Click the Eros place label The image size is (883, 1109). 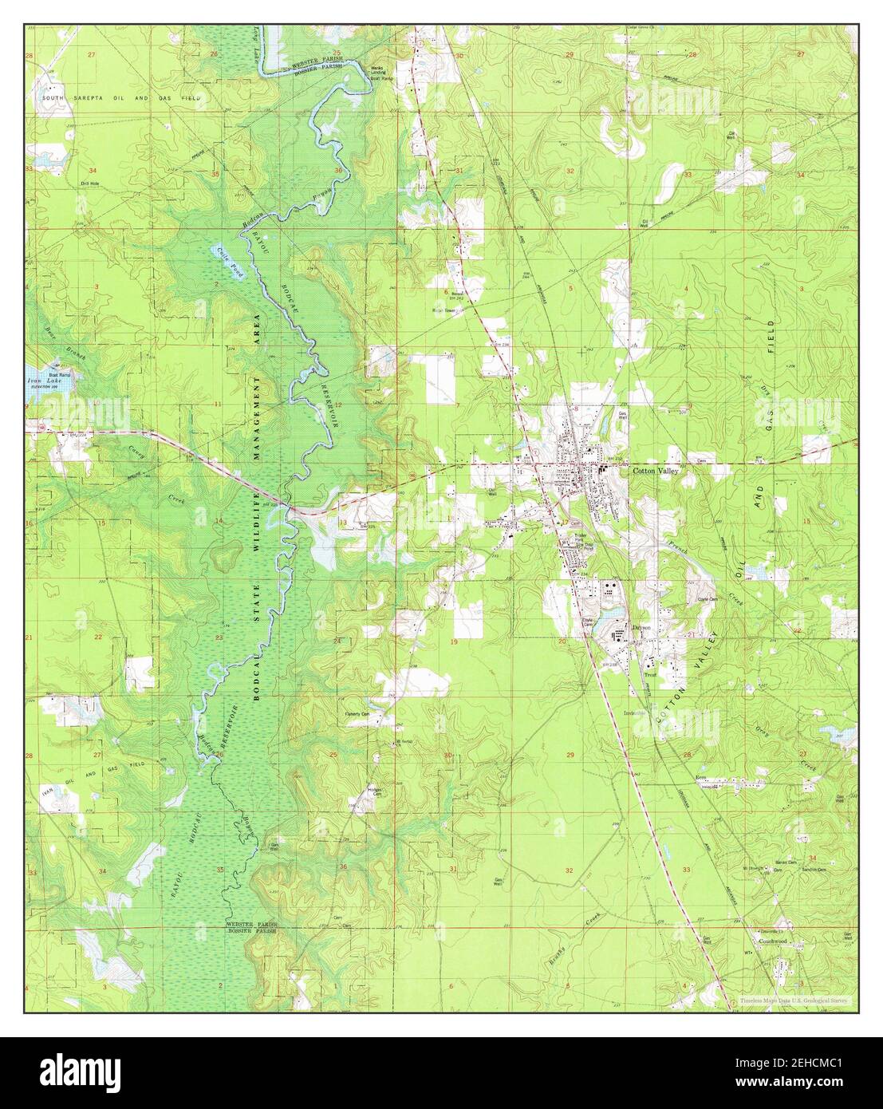[x=702, y=776]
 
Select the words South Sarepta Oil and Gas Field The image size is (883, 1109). [x=116, y=97]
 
